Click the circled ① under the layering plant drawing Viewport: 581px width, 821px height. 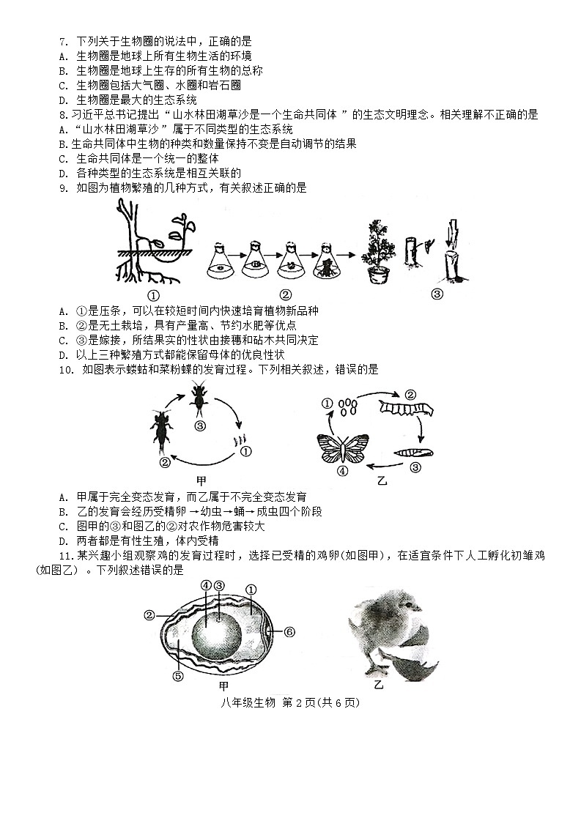[153, 296]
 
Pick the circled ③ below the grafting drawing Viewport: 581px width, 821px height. [437, 294]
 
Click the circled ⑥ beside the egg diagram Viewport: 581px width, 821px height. [289, 631]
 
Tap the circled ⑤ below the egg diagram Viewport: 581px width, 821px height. [177, 676]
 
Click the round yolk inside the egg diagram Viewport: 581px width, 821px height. [217, 630]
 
